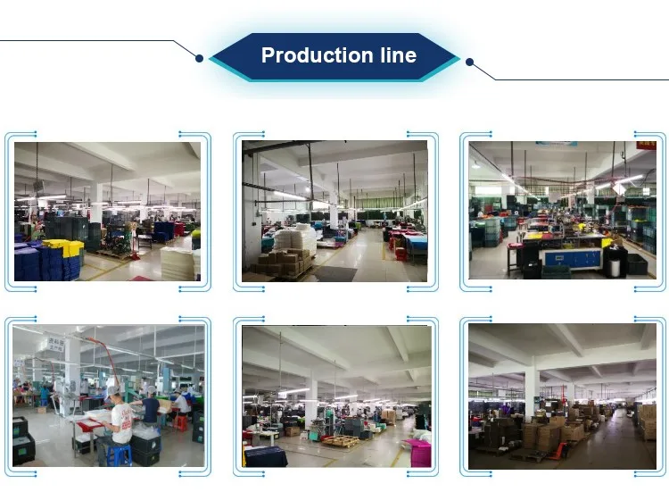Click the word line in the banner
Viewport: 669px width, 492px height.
pos(397,55)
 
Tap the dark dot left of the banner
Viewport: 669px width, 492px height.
pos(199,59)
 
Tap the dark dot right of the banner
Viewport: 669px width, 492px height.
pos(469,63)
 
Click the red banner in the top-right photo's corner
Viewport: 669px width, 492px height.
pos(645,144)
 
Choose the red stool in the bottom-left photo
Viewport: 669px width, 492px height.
pos(180,422)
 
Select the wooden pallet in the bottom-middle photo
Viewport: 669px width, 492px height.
pos(340,441)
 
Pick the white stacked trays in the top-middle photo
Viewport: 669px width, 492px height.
pos(305,239)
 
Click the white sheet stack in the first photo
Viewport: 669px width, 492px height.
pos(178,263)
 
